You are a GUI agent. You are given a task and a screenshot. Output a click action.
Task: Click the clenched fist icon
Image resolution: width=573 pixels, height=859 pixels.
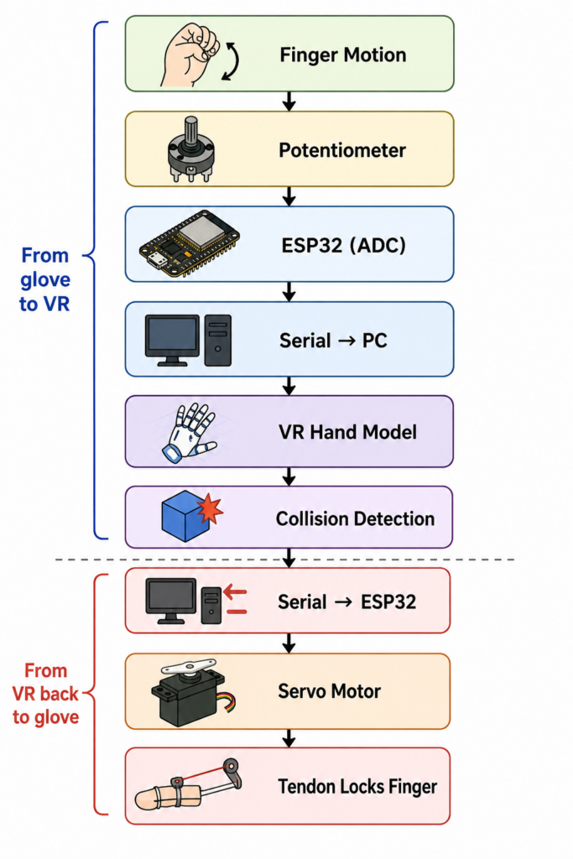pyautogui.click(x=190, y=55)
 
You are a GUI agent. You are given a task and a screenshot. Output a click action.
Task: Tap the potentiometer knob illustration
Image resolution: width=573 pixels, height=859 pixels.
pyautogui.click(x=190, y=149)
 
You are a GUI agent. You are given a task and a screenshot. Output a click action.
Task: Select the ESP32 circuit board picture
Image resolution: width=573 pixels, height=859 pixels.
pyautogui.click(x=190, y=243)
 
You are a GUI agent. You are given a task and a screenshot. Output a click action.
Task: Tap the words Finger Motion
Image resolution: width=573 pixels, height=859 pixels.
pyautogui.click(x=343, y=55)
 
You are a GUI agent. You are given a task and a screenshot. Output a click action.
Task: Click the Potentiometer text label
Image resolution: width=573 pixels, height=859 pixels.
pyautogui.click(x=342, y=150)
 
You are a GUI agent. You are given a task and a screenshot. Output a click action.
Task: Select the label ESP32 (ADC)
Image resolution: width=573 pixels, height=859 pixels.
pyautogui.click(x=343, y=245)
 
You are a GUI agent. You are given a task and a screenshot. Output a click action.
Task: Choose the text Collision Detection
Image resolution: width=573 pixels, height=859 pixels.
pyautogui.click(x=355, y=518)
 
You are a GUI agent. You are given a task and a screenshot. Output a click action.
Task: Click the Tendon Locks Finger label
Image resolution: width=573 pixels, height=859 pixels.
pyautogui.click(x=357, y=787)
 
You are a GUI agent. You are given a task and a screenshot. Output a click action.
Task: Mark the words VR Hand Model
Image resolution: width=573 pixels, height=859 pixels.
pyautogui.click(x=348, y=432)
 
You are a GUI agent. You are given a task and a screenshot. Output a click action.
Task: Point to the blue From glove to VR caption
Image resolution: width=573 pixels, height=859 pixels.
pyautogui.click(x=45, y=279)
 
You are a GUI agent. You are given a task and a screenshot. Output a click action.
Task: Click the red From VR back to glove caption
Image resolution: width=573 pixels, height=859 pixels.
pyautogui.click(x=45, y=694)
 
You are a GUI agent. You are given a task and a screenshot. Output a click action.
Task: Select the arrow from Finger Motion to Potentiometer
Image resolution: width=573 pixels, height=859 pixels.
pyautogui.click(x=289, y=102)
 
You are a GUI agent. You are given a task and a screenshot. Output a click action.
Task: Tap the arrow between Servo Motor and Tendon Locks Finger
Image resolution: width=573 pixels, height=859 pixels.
pyautogui.click(x=289, y=738)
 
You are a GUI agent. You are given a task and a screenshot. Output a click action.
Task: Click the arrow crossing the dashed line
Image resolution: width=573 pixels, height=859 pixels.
pyautogui.click(x=289, y=558)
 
